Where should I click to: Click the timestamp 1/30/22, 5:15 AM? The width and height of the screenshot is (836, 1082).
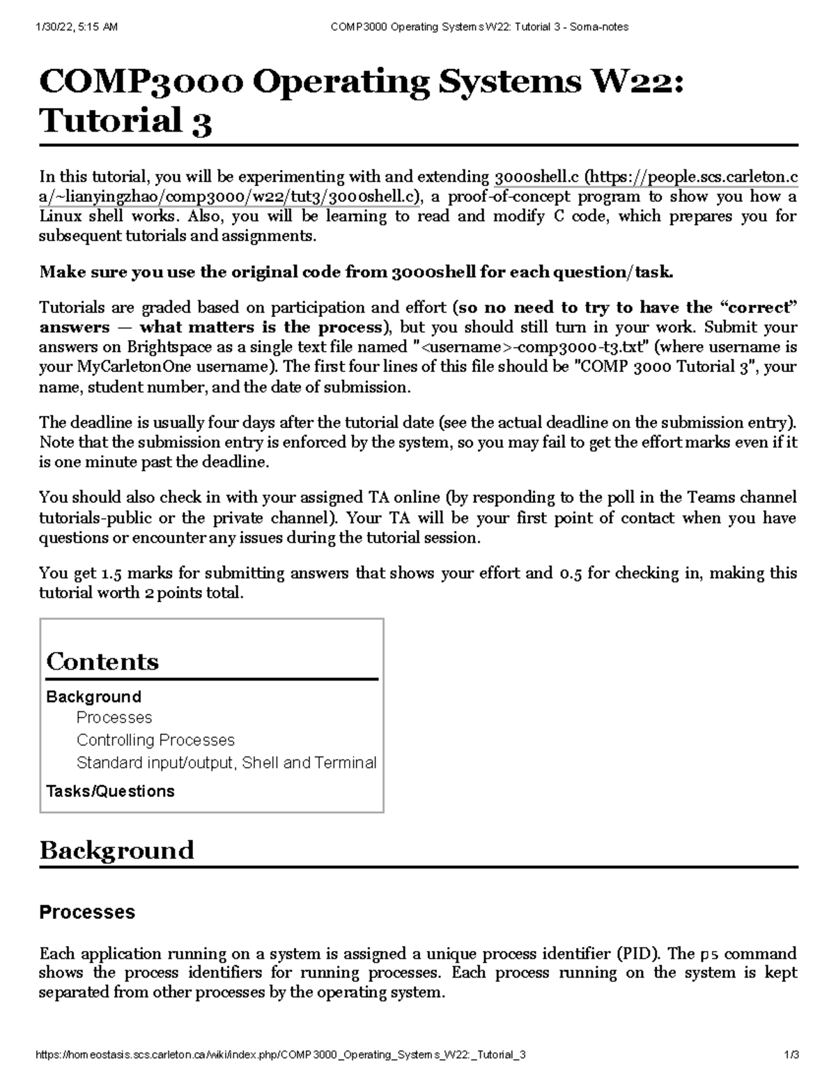76,27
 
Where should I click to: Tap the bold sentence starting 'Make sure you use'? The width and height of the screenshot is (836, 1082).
356,272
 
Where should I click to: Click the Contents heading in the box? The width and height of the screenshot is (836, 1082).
102,661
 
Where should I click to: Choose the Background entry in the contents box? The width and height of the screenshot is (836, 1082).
93,697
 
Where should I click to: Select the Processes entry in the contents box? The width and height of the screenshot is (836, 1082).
114,718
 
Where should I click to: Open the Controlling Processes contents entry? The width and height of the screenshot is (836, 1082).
155,740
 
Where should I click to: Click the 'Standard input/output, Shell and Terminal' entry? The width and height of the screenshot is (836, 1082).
226,763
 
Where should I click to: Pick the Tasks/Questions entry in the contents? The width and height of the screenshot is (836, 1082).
110,791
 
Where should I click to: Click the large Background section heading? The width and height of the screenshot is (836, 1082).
116,851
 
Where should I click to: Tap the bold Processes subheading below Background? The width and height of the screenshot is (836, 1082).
87,913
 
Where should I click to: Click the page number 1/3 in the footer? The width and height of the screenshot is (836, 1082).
790,1056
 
